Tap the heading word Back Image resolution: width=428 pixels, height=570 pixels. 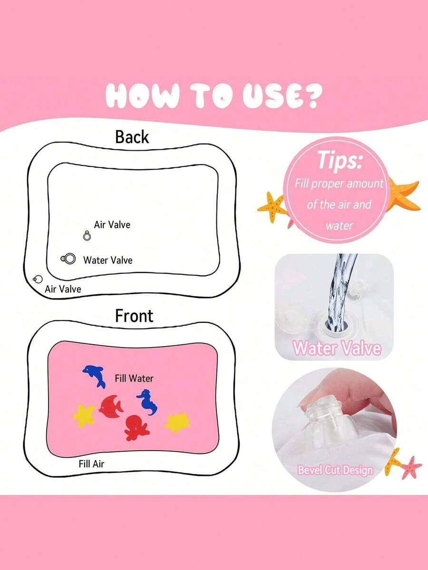[132, 137]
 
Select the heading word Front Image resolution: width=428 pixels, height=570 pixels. [134, 316]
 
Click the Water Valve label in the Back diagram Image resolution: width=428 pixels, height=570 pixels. [107, 260]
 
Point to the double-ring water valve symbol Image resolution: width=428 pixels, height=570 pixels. [69, 259]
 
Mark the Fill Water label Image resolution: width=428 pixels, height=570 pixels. [134, 378]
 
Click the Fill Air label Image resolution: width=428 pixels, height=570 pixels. [91, 464]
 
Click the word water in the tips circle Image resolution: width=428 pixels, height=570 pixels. [339, 225]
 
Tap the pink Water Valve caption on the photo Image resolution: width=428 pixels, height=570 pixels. [337, 348]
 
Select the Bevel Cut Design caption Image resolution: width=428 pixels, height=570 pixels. [335, 470]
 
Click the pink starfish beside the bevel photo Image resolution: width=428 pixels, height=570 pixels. [410, 467]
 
